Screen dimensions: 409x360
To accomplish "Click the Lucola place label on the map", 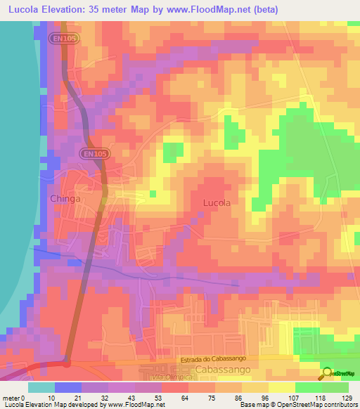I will (x=216, y=202).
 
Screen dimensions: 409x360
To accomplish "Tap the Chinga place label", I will (x=65, y=199).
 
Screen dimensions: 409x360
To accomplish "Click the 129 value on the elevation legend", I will (x=347, y=397).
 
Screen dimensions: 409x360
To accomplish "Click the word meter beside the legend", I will (x=11, y=397).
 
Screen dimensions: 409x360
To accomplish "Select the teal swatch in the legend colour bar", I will (x=41, y=387).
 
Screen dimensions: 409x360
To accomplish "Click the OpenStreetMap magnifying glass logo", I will (x=328, y=372).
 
